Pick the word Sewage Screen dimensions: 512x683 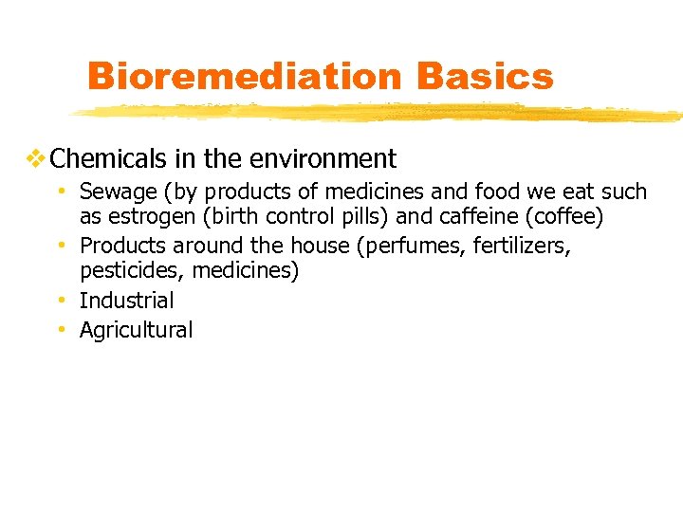(119, 192)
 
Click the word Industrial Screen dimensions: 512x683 (126, 301)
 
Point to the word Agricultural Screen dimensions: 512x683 (136, 330)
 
